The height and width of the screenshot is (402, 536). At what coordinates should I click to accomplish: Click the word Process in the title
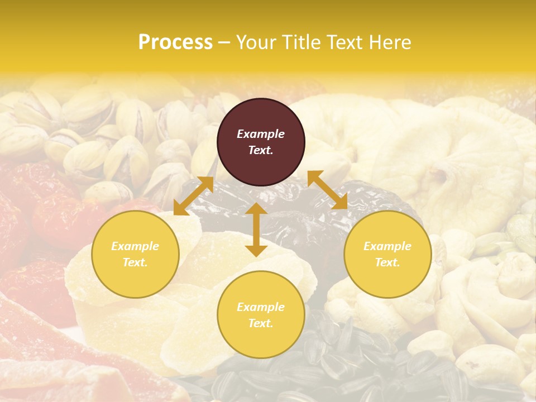(175, 42)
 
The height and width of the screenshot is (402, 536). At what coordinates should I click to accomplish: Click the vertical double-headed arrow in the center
(256, 229)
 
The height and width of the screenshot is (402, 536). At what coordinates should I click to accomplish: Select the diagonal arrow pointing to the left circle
(193, 196)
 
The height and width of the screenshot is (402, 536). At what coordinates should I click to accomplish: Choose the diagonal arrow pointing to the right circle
(328, 190)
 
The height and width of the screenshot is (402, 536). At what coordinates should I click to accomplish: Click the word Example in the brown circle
(261, 134)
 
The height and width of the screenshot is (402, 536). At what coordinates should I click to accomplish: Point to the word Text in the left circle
(135, 262)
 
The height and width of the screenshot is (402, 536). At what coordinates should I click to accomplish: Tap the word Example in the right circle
(387, 246)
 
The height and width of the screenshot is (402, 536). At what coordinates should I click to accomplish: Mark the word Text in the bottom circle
(260, 323)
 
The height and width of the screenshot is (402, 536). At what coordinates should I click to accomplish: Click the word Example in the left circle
(135, 246)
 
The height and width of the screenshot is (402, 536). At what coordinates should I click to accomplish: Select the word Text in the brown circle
(260, 150)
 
